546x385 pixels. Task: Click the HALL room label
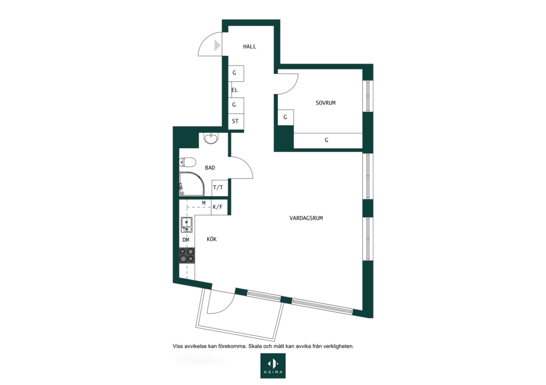click(x=249, y=46)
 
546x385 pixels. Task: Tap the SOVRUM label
click(x=326, y=103)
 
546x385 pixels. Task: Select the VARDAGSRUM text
click(x=306, y=218)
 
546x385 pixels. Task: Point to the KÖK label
click(x=212, y=239)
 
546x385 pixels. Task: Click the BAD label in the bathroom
click(x=210, y=167)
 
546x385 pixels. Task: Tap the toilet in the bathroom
click(x=187, y=162)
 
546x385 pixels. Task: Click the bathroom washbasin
click(x=212, y=138)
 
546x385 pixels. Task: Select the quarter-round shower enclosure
click(x=192, y=184)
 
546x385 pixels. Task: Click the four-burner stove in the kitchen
click(x=187, y=256)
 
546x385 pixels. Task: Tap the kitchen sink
click(x=186, y=225)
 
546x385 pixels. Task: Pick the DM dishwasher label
click(x=186, y=240)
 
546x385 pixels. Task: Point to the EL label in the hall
click(x=235, y=90)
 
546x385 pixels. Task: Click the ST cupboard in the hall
click(x=236, y=122)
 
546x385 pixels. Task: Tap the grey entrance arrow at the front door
click(x=217, y=45)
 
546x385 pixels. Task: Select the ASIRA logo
click(x=273, y=366)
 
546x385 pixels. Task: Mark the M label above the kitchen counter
click(x=204, y=203)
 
